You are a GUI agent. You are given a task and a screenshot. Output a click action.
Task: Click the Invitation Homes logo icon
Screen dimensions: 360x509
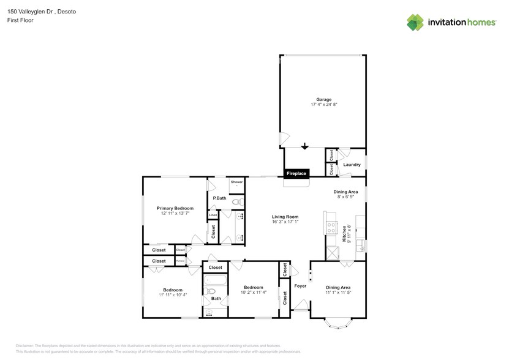pos(416,22)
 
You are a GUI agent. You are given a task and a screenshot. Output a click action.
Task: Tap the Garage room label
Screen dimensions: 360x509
pos(323,99)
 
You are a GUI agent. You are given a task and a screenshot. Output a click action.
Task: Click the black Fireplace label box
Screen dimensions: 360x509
pos(296,173)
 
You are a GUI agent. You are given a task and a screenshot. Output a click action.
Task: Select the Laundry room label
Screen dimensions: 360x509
pos(352,165)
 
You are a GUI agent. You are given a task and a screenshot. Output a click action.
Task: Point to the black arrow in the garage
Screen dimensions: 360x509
pos(304,146)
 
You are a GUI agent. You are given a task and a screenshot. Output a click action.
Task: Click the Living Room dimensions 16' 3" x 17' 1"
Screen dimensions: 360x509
pos(285,222)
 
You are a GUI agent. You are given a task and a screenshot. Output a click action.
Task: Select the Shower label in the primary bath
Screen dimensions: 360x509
pos(236,182)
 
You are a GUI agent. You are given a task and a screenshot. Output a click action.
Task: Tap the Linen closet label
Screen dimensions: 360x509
pos(213,215)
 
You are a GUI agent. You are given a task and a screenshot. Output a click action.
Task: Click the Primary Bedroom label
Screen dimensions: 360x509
pos(175,208)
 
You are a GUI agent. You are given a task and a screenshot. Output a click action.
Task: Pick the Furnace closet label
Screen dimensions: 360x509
pos(180,261)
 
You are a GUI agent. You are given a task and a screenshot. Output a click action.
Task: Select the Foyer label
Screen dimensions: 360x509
pos(300,285)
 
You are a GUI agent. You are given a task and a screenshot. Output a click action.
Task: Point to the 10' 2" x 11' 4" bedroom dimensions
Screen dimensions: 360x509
pos(253,293)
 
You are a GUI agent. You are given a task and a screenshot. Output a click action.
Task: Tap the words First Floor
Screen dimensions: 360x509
pos(20,20)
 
